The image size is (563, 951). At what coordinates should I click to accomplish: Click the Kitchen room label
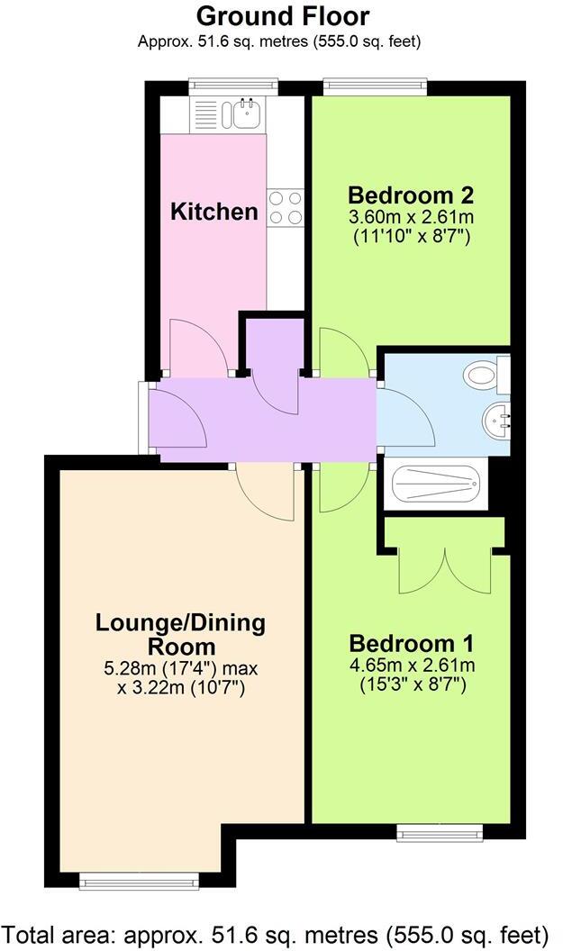[214, 213]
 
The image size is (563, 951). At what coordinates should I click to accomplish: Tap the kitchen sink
[244, 113]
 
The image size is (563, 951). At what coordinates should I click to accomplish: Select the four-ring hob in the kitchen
[285, 208]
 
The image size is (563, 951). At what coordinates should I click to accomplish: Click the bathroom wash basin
[496, 419]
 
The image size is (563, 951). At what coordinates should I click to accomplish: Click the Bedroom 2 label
[411, 195]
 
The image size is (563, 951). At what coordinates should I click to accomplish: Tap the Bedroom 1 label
[411, 644]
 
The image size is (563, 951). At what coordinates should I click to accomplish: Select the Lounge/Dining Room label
[181, 634]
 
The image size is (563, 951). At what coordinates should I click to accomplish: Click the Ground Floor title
[282, 15]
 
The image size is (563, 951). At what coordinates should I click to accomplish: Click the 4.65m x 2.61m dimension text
[411, 666]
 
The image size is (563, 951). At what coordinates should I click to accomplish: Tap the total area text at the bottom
[281, 932]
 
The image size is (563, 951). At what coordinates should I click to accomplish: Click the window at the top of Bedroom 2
[374, 86]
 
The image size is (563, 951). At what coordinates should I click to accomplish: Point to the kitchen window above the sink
[233, 86]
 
